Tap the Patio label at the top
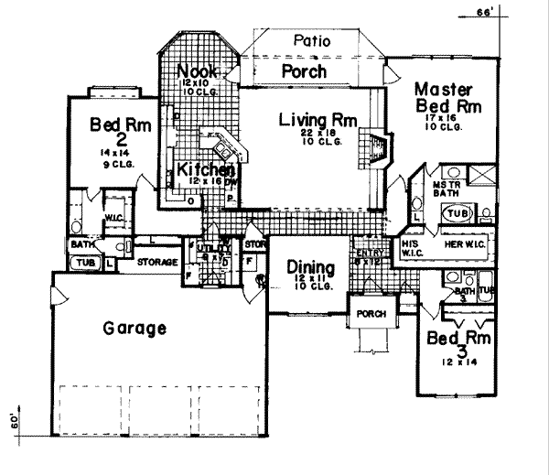(311, 41)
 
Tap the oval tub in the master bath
(456, 213)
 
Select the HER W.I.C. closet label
(459, 245)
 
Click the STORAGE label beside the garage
(156, 262)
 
